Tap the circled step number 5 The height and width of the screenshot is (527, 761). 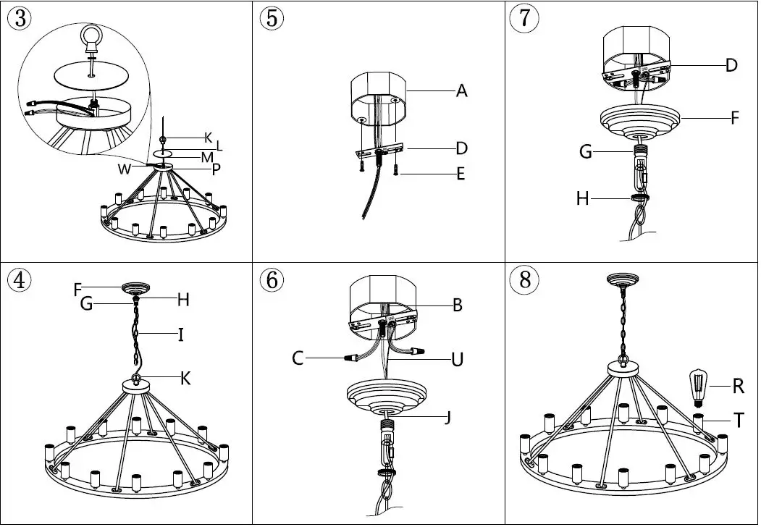click(271, 18)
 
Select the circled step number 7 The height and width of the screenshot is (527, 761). click(524, 18)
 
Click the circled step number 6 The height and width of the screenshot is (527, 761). click(271, 280)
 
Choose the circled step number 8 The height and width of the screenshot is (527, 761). click(524, 280)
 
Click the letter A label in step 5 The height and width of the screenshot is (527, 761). click(461, 92)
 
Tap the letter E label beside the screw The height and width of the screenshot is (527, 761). click(461, 174)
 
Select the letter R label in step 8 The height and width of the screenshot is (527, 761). click(738, 387)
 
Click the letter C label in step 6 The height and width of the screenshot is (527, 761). click(298, 358)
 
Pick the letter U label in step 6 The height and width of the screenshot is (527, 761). click(457, 359)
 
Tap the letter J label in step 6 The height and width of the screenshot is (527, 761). click(448, 418)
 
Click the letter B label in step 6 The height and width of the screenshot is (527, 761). click(457, 305)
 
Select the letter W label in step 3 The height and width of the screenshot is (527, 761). click(125, 169)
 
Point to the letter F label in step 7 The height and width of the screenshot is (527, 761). click(734, 117)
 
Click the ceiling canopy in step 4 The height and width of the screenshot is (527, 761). click(135, 288)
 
